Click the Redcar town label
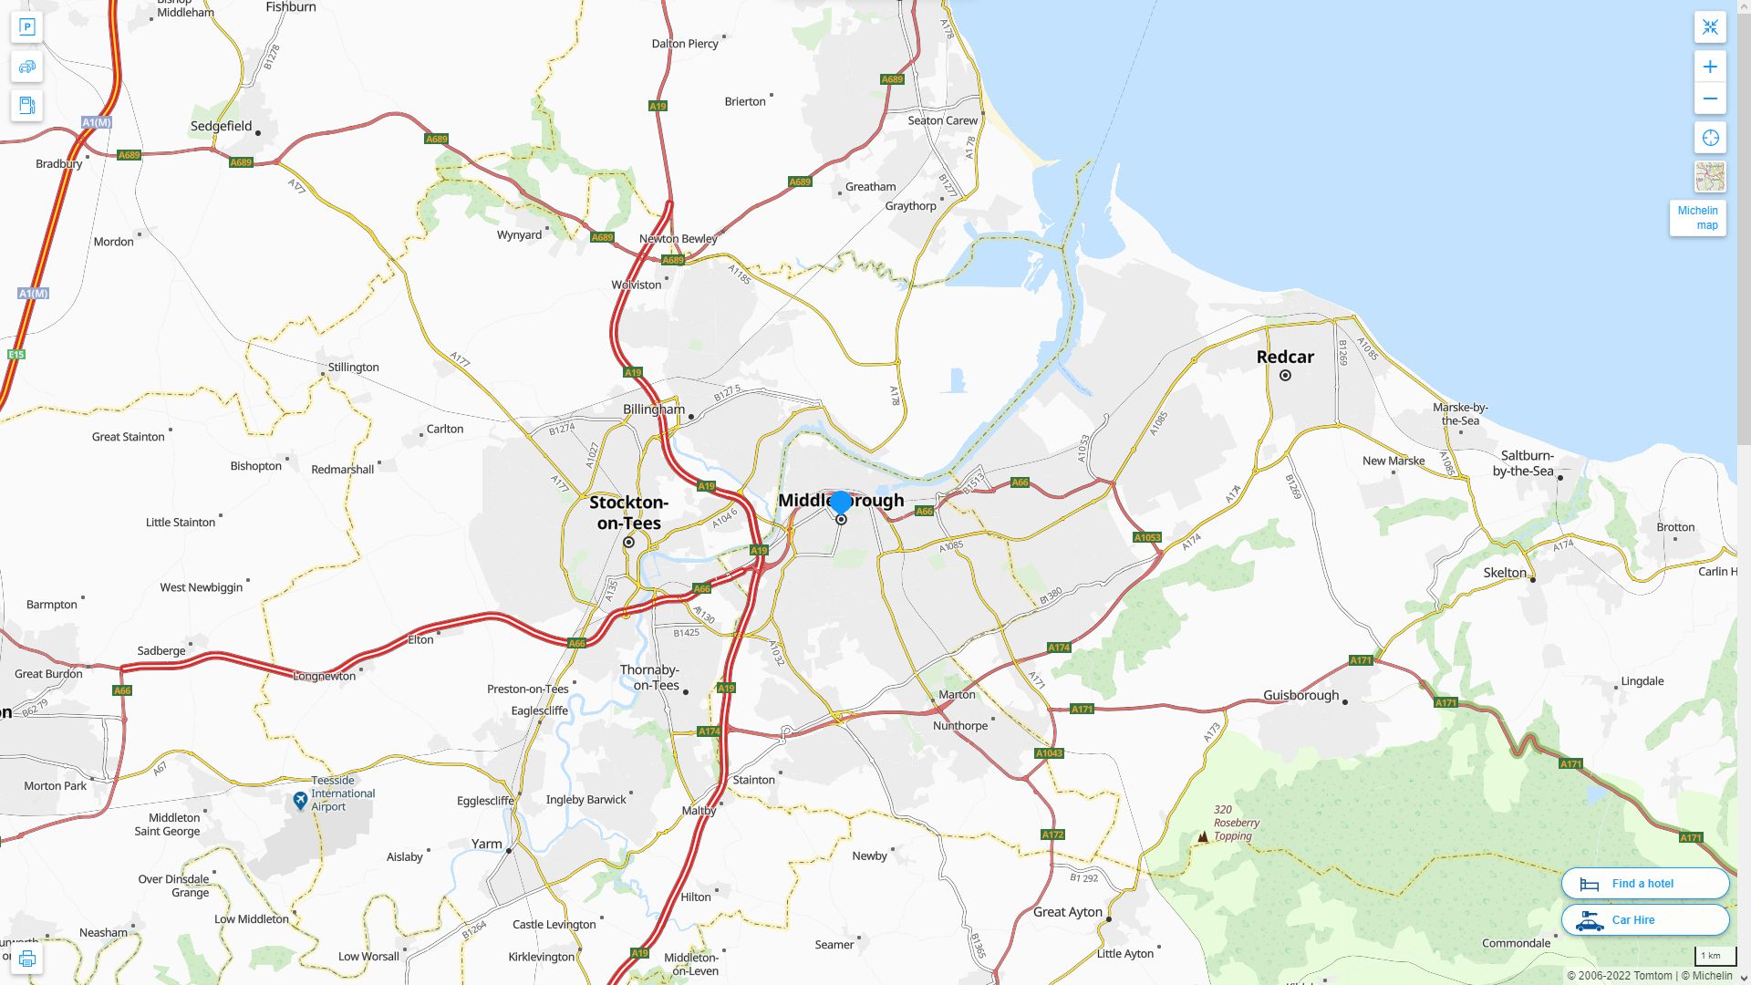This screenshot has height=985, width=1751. tap(1285, 357)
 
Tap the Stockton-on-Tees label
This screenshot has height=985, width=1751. tap(628, 513)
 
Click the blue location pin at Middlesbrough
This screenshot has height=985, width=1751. tap(840, 503)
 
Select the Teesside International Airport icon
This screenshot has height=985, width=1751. tap(300, 801)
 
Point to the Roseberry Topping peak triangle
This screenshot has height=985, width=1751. tap(1203, 836)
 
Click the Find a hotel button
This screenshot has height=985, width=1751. tap(1644, 883)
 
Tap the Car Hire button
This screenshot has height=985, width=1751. tap(1644, 919)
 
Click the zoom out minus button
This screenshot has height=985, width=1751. tap(1710, 98)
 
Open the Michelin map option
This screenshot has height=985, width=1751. tap(1697, 218)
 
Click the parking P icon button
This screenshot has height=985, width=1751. tap(26, 27)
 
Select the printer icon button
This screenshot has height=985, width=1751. tap(26, 959)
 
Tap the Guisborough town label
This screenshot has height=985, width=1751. tap(1300, 695)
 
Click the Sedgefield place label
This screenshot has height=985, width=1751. tap(221, 126)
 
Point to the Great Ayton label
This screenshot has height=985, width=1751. tap(1067, 911)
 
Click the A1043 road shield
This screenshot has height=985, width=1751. tap(1049, 753)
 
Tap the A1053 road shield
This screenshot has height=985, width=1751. tap(1147, 537)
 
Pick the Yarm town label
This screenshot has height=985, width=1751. tap(486, 844)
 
